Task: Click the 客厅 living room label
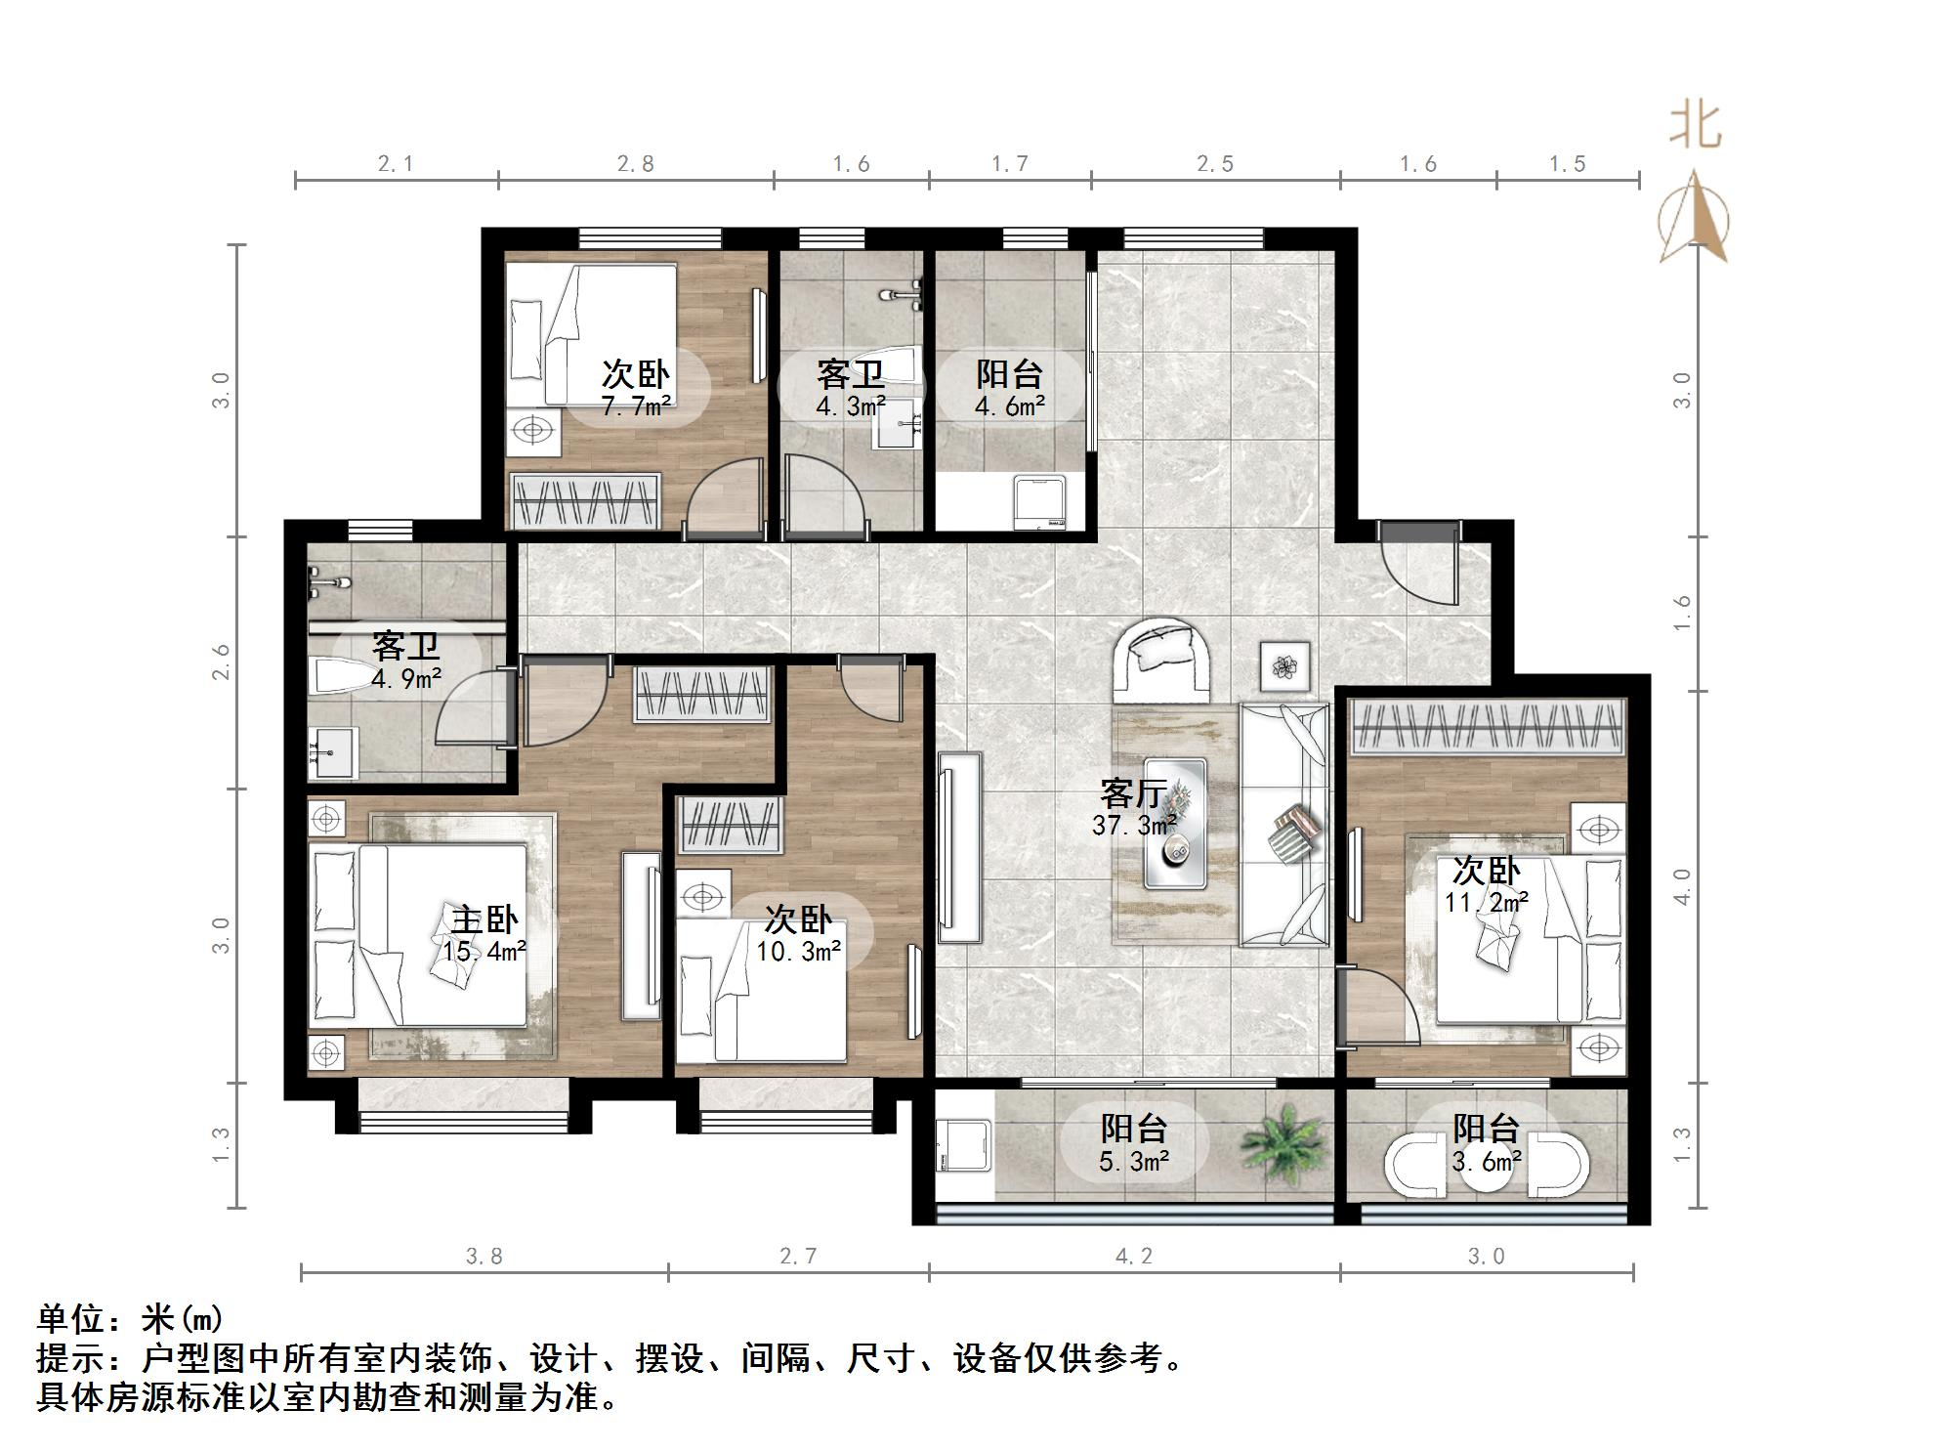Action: [x=1132, y=791]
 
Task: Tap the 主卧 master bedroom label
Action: [x=484, y=919]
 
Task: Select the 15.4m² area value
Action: [x=484, y=951]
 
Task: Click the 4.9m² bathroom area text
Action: [x=406, y=678]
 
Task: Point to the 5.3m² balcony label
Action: [x=1133, y=1161]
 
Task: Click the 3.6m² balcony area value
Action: [x=1486, y=1161]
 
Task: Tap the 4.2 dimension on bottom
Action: [x=1133, y=1257]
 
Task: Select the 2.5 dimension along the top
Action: [x=1215, y=164]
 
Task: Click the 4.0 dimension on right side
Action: [x=1682, y=886]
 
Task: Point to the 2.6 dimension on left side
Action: [x=223, y=662]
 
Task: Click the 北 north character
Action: [x=1695, y=128]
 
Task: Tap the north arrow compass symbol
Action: [x=1694, y=220]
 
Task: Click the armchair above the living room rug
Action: [x=1160, y=656]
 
